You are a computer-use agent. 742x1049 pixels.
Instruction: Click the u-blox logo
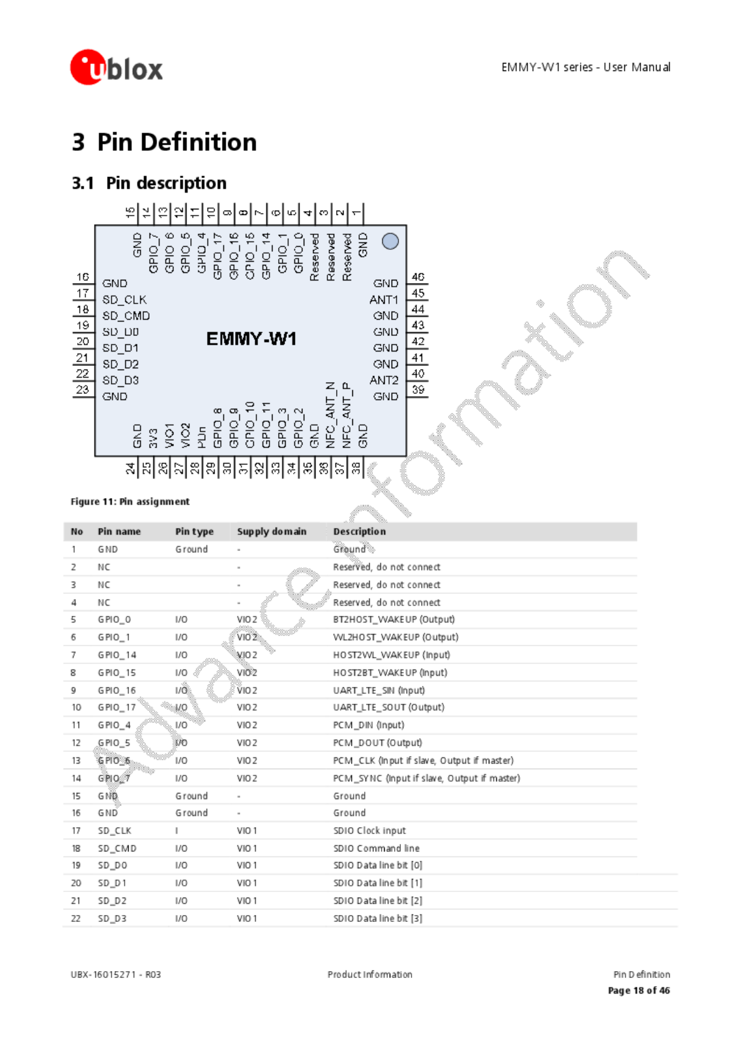pos(116,67)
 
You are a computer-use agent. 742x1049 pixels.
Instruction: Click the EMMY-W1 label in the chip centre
pos(251,339)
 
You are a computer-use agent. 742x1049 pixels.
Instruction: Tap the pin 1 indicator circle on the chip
pos(390,241)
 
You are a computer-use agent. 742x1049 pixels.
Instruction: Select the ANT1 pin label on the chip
pos(383,300)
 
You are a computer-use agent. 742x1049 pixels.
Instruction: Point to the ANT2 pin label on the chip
pos(383,380)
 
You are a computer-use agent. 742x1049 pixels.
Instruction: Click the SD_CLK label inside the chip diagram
pos(125,300)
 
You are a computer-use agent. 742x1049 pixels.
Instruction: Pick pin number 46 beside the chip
pos(418,277)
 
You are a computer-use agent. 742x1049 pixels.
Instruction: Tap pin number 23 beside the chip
pos(82,390)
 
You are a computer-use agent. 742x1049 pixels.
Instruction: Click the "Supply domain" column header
pos(272,532)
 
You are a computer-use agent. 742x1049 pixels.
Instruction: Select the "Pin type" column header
pos(194,532)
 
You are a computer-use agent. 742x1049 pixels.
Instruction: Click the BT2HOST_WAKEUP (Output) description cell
pos(394,620)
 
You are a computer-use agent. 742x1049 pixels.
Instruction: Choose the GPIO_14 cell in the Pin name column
pos(117,655)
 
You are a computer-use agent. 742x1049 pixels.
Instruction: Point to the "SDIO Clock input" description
pos(369,831)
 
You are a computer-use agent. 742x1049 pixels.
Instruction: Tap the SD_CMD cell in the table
pos(117,848)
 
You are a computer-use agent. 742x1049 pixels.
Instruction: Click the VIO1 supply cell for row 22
pos(247,919)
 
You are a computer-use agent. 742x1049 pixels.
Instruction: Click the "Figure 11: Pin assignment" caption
pos(130,502)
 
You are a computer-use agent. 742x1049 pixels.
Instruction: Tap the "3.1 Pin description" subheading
pos(149,183)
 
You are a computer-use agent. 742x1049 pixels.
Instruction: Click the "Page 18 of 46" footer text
pos(638,990)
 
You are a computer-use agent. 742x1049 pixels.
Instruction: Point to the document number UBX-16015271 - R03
pos(115,975)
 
